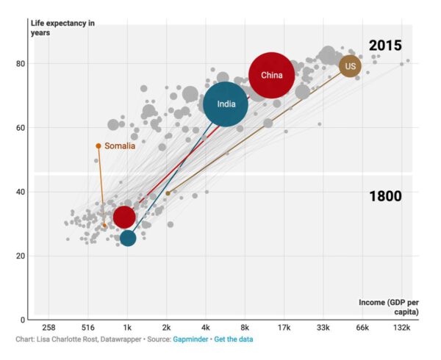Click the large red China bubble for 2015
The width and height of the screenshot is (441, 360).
(x=271, y=75)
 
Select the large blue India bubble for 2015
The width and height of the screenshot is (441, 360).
(x=226, y=104)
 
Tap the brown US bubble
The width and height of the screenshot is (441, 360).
(x=351, y=66)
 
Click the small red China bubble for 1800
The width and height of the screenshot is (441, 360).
(x=124, y=217)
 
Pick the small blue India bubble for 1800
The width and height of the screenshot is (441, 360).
(x=128, y=237)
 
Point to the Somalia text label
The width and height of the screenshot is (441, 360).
(x=120, y=146)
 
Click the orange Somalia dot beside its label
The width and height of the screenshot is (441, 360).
(x=98, y=145)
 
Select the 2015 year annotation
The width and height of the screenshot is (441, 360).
(x=385, y=46)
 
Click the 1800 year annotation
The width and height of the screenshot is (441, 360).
(x=385, y=196)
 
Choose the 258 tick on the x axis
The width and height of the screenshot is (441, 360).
(x=49, y=328)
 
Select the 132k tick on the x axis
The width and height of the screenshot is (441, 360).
(x=402, y=328)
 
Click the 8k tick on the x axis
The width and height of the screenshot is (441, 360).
(x=245, y=328)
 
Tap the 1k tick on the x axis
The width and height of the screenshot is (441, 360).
(x=127, y=328)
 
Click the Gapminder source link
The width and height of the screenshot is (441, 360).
(x=190, y=339)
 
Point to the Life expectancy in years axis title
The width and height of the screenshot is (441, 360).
(x=62, y=27)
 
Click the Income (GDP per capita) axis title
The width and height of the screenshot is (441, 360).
(x=389, y=307)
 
